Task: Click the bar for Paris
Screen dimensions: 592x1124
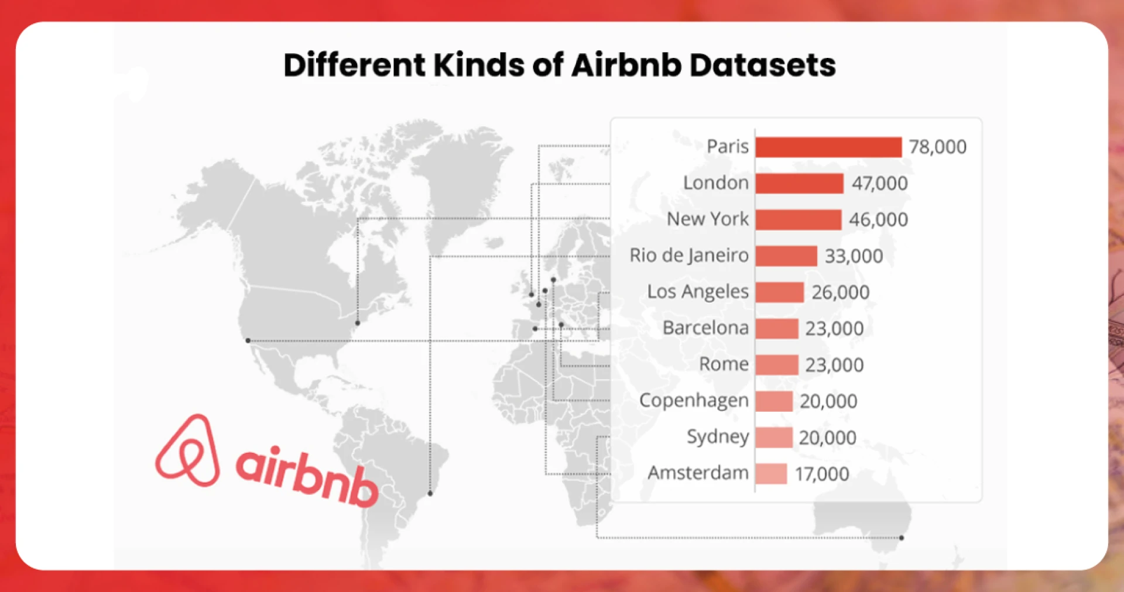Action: (x=828, y=147)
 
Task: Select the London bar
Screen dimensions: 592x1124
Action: (x=799, y=184)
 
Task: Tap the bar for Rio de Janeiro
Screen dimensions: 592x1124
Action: (x=786, y=256)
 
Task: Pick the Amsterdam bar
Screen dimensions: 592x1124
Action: (x=770, y=474)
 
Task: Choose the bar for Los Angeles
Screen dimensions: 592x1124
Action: (x=779, y=292)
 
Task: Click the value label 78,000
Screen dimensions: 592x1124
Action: (x=937, y=147)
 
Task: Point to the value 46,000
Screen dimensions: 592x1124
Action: (x=878, y=220)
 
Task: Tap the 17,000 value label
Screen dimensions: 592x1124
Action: (x=822, y=474)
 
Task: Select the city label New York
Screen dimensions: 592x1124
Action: (x=707, y=219)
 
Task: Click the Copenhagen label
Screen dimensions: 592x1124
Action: (x=694, y=401)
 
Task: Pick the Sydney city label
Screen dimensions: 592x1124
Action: (x=718, y=437)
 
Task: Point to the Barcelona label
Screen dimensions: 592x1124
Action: (x=705, y=328)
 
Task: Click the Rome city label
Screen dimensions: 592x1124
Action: (x=724, y=364)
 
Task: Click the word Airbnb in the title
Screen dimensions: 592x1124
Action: (x=626, y=65)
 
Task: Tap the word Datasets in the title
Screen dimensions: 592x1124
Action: (x=762, y=65)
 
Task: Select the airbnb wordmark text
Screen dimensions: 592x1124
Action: (x=307, y=477)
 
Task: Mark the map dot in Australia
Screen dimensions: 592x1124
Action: (x=902, y=538)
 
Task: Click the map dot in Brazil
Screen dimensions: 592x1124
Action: (x=430, y=494)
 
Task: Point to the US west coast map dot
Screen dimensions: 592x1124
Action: (x=248, y=340)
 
